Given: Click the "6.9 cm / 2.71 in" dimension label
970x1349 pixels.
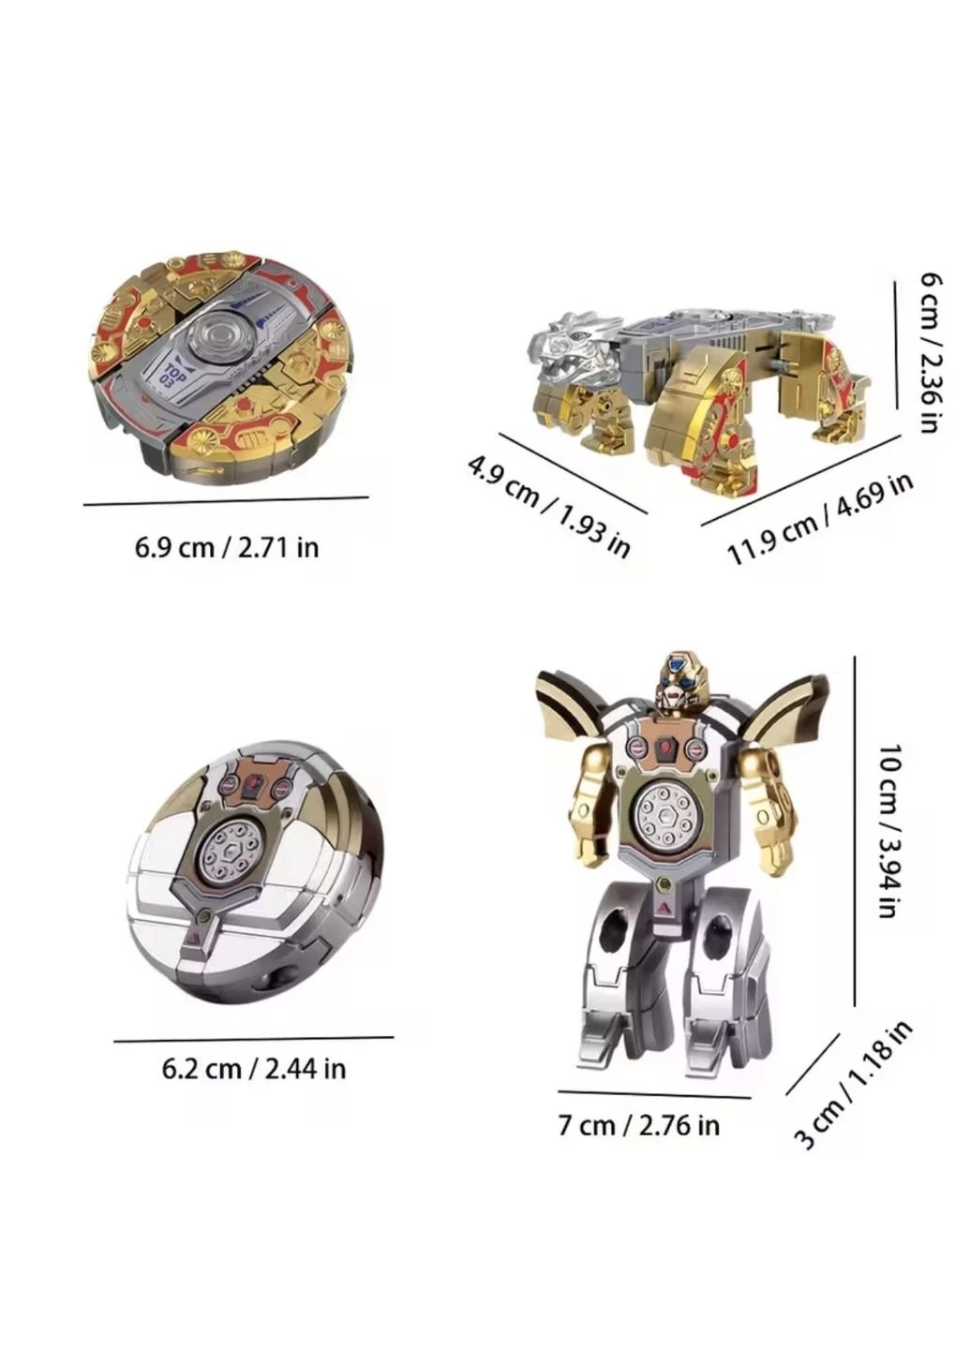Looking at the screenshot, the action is (x=227, y=548).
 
